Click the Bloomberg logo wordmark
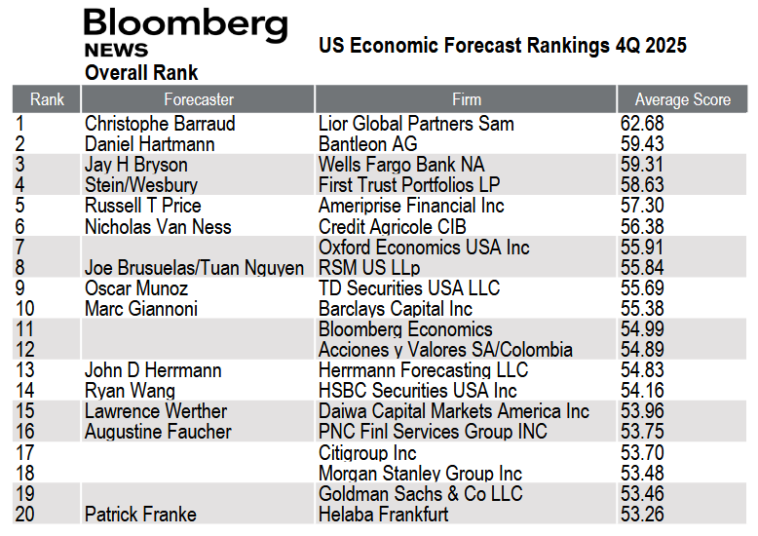(185, 26)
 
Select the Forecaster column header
(198, 99)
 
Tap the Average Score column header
(682, 99)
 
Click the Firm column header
(466, 99)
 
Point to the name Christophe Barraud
(160, 124)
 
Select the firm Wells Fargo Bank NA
(400, 165)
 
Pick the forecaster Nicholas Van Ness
(158, 226)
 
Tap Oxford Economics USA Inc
(424, 248)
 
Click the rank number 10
(25, 309)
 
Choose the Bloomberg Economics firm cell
(405, 329)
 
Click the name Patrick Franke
(140, 514)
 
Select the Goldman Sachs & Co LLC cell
(420, 493)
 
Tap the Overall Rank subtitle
(141, 73)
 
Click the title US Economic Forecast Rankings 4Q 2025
(503, 46)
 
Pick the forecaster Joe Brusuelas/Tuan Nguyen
(194, 268)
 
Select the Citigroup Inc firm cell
(367, 452)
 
